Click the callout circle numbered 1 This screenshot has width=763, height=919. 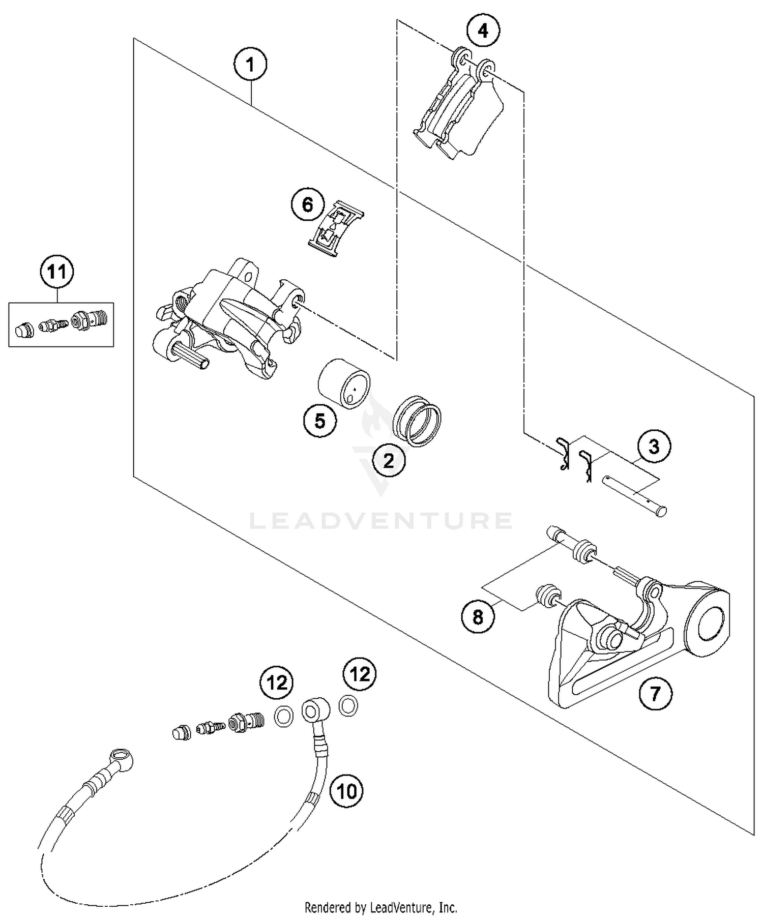pos(250,65)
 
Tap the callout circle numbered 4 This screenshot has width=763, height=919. pos(483,31)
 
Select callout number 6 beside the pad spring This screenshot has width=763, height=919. pos(308,205)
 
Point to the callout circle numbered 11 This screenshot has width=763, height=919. pos(57,272)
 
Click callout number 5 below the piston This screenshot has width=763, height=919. pos(320,421)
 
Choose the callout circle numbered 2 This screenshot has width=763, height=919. pos(389,461)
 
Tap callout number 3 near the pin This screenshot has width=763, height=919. pos(654,447)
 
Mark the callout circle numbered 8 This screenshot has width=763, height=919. pos(478,617)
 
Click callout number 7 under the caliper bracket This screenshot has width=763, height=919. pos(655,693)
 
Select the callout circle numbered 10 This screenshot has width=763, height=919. pos(346,791)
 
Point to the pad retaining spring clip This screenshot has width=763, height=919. pos(336,228)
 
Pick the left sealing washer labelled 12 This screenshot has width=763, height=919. pos(283,717)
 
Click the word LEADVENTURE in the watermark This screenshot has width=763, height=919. pos(380,521)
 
